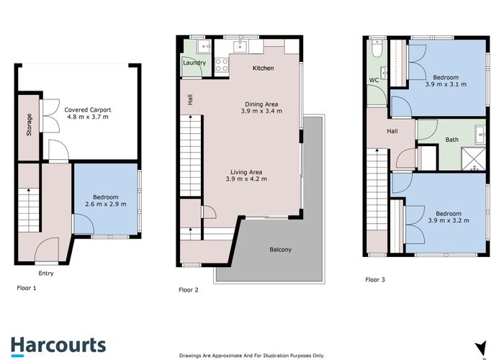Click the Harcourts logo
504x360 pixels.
pos(58,346)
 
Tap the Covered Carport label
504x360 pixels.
pos(87,109)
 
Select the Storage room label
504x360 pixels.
pos(29,125)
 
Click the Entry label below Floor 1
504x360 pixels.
pos(46,273)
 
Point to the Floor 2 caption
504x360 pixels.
pos(189,290)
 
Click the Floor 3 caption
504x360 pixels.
pos(375,279)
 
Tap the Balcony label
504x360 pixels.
pos(280,249)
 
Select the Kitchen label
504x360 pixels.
pos(264,68)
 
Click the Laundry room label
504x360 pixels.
pos(194,63)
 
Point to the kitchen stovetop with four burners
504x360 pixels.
pos(222,65)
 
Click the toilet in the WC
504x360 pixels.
pos(377,49)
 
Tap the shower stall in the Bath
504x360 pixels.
pos(474,159)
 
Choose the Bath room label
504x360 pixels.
pos(452,140)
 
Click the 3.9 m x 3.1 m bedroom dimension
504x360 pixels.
pos(446,84)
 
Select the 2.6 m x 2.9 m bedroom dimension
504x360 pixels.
pos(106,204)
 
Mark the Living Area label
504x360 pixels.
pos(246,172)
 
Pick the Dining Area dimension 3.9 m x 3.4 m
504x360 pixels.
pos(261,111)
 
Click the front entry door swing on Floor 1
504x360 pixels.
pos(47,250)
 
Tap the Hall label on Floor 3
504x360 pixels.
pos(392,131)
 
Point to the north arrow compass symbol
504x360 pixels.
pos(481,348)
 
